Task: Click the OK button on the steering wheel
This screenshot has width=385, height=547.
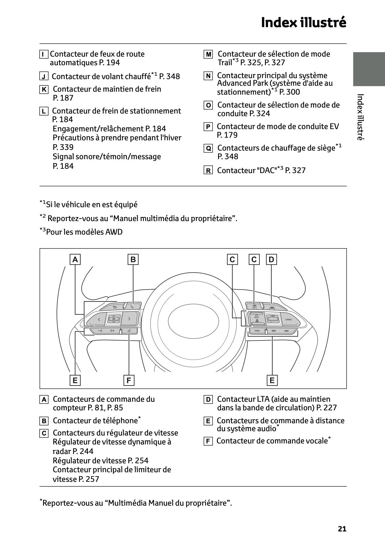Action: click(113, 319)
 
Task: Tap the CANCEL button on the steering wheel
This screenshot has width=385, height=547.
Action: click(288, 319)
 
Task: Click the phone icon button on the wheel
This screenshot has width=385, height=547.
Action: click(133, 306)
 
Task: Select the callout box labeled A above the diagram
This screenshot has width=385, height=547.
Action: click(75, 259)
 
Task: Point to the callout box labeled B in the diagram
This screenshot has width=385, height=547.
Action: click(133, 259)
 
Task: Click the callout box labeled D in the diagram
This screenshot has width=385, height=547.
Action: click(271, 259)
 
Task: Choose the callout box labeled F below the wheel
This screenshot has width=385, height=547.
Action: click(129, 381)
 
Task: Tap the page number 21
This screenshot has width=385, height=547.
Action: click(342, 529)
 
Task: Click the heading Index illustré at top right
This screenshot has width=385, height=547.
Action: click(303, 23)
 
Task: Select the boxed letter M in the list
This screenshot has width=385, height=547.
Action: click(208, 54)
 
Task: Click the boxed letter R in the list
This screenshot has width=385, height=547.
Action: click(208, 171)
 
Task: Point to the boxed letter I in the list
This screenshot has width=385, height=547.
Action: click(43, 54)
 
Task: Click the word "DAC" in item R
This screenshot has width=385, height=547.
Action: click(266, 170)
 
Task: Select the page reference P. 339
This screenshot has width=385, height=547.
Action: click(63, 147)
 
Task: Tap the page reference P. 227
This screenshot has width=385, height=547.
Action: click(326, 408)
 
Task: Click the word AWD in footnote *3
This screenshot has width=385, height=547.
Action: click(114, 232)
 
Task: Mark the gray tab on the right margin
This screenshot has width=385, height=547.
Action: click(369, 69)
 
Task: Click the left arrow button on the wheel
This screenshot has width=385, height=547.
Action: click(99, 320)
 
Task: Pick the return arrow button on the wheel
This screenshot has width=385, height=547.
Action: click(115, 307)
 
